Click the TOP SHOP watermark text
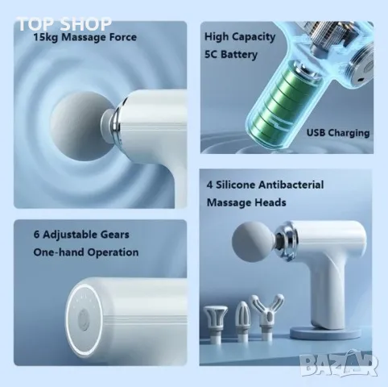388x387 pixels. [x=64, y=23]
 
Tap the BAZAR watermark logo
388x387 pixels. [x=339, y=364]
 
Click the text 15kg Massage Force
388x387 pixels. [x=85, y=37]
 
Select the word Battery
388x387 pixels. [x=239, y=55]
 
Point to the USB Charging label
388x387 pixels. [x=338, y=133]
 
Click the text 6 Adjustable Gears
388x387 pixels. [x=81, y=235]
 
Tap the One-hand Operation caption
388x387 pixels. [x=86, y=252]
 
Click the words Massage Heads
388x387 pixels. [x=246, y=202]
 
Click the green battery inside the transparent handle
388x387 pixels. [x=283, y=103]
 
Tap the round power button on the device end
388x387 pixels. [x=83, y=320]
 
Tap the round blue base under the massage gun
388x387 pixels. [x=324, y=332]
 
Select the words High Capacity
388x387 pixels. [x=240, y=37]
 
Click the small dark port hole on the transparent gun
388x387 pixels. [x=361, y=79]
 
